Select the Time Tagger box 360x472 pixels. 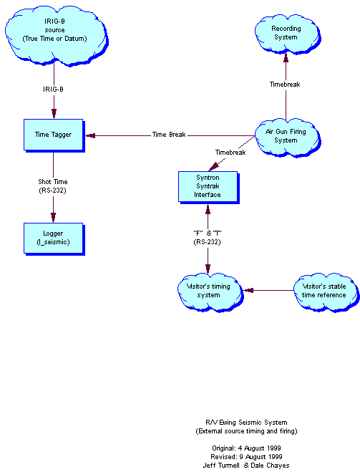53,134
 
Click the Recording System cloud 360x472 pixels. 285,32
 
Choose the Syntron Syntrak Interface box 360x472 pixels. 208,186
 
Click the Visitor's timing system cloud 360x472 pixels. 208,291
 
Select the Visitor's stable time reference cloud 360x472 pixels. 320,291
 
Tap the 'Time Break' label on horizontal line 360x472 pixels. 170,135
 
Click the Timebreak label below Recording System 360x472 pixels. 285,84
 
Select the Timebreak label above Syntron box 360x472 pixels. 230,153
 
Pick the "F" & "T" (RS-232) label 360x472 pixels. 208,237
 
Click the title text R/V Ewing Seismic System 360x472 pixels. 246,423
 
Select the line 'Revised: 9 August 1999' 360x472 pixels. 246,456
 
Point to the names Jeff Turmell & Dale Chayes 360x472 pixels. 246,465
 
